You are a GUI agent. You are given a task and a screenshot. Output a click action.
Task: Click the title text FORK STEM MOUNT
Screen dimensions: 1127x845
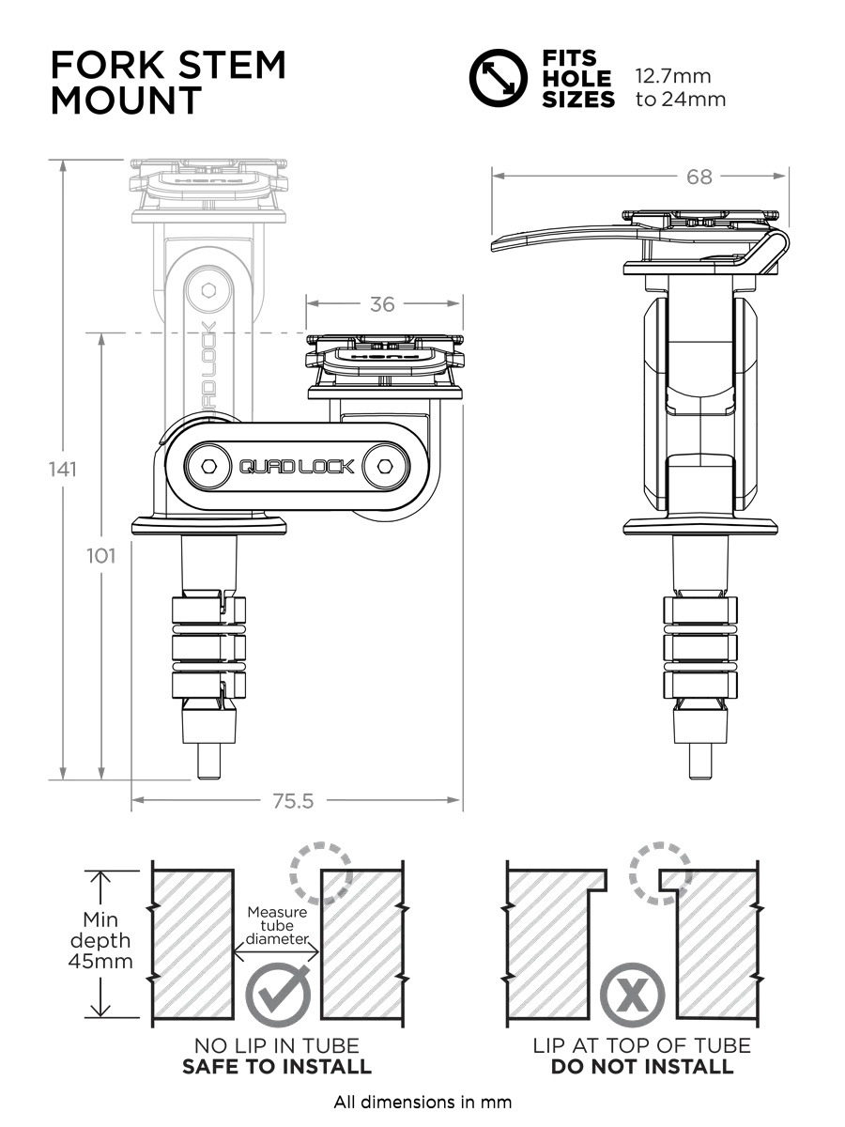tap(167, 82)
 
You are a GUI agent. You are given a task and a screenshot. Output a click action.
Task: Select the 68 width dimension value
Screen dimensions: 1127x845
tap(699, 176)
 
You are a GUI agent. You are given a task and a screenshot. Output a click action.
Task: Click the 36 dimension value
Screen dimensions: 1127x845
tap(382, 303)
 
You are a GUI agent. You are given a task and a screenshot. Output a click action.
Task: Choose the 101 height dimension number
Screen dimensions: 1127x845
tap(100, 555)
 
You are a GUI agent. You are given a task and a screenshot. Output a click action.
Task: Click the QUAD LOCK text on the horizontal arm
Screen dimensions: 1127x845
tap(297, 466)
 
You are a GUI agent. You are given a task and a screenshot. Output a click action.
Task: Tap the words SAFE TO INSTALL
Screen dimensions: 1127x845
tap(277, 1067)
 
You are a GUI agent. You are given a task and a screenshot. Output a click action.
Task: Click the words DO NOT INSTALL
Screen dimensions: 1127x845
tap(642, 1067)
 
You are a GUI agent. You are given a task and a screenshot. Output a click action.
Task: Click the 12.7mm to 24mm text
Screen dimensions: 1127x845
tap(681, 87)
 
